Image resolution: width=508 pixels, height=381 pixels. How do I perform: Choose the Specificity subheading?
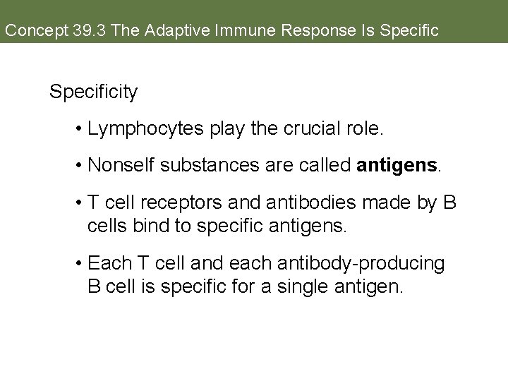tap(94, 92)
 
